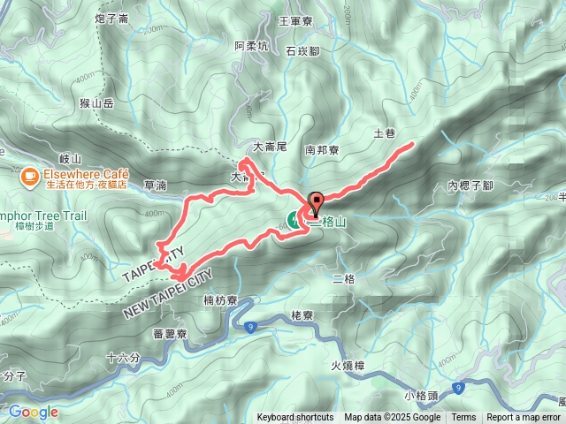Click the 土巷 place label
(384, 133)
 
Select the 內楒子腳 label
(470, 185)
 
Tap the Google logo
(33, 412)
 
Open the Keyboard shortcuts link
(295, 417)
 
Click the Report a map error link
(524, 417)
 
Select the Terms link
(463, 417)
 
